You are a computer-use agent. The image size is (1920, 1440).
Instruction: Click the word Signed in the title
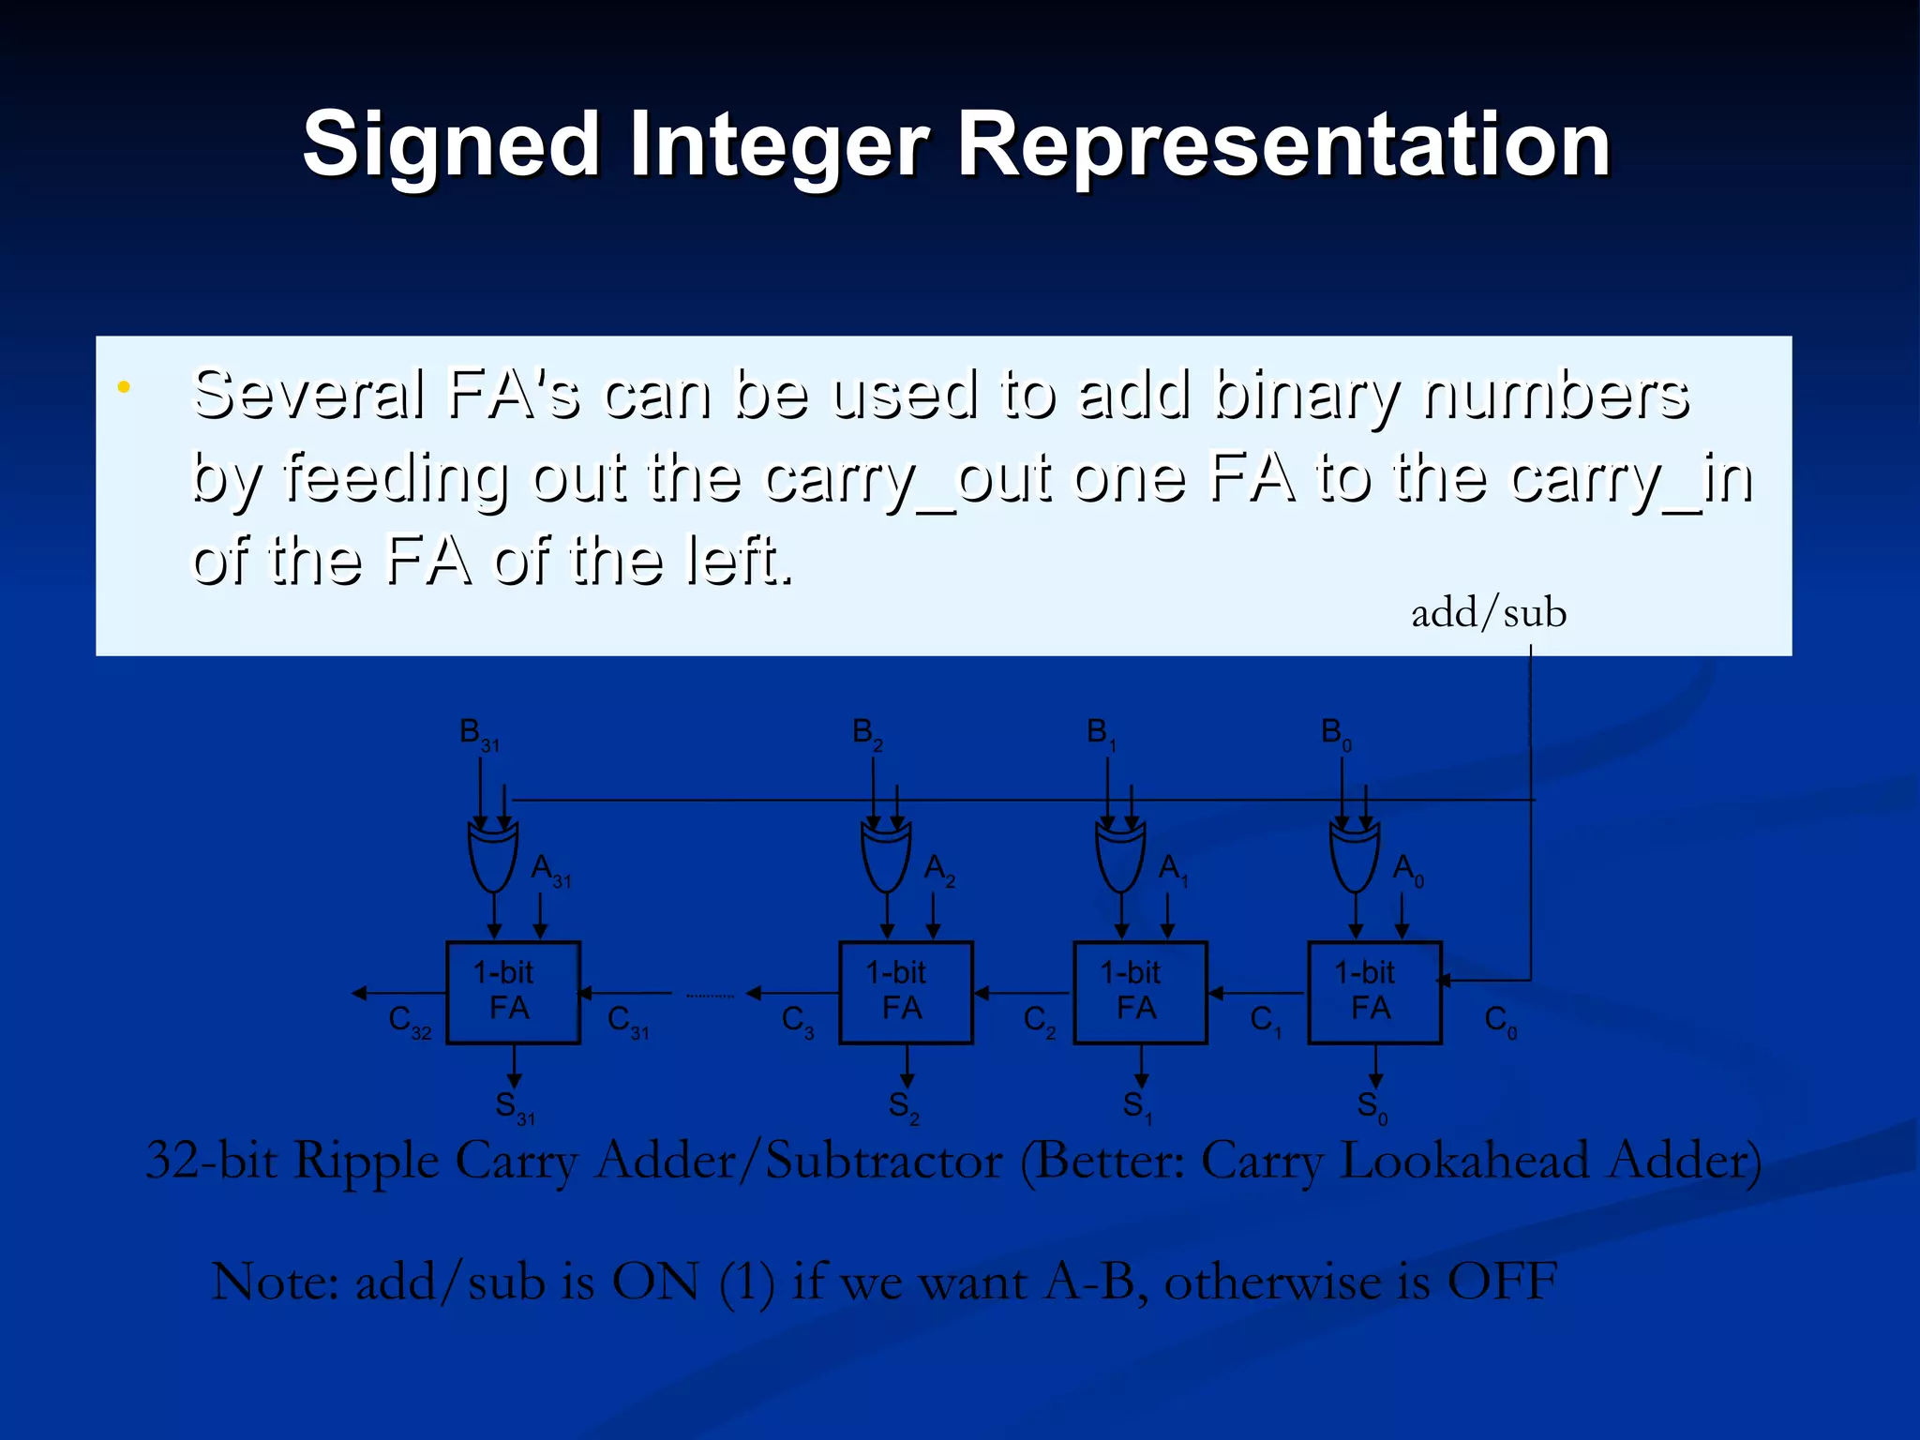point(450,145)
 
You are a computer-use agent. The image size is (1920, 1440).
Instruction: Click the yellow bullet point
point(123,387)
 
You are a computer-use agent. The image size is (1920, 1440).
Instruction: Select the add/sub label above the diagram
point(1489,613)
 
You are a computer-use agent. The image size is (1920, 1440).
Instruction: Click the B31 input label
point(478,733)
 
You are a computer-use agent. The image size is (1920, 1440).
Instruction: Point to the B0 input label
point(1335,733)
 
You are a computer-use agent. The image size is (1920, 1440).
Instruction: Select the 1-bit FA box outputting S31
point(513,992)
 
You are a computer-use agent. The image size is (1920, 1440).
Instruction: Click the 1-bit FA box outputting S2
point(906,992)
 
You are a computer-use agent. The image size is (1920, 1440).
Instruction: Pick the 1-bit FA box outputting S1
point(1140,992)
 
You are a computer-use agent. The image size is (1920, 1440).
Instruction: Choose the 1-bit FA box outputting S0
point(1374,992)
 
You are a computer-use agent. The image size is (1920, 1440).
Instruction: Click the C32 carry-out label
point(410,1021)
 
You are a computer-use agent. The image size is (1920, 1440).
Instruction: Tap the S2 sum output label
point(904,1107)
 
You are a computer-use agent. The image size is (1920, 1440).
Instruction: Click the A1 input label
point(1173,869)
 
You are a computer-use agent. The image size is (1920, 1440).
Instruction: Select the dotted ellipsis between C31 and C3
point(710,996)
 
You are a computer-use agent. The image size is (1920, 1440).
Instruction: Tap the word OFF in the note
point(1502,1282)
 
